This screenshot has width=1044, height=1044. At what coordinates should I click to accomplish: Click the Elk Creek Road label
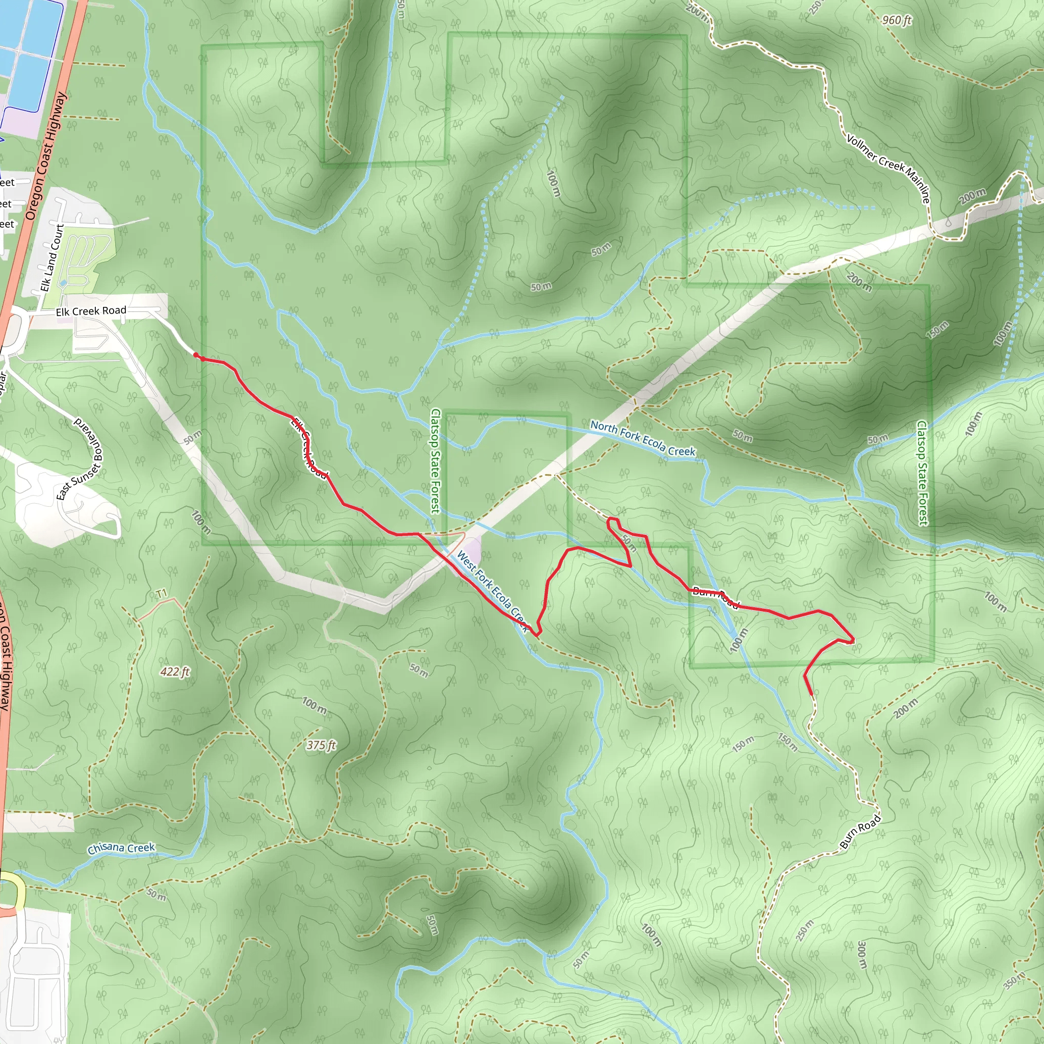pyautogui.click(x=91, y=311)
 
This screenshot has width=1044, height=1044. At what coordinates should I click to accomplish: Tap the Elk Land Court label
pyautogui.click(x=53, y=258)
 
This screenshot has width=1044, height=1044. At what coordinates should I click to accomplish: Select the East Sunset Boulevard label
pyautogui.click(x=80, y=459)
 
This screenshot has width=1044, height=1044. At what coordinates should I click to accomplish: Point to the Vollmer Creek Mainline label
pyautogui.click(x=888, y=168)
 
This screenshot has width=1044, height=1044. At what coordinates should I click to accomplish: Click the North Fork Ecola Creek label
pyautogui.click(x=642, y=439)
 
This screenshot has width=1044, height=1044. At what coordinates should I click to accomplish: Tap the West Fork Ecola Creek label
pyautogui.click(x=492, y=591)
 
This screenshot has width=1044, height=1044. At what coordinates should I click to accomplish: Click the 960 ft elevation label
pyautogui.click(x=897, y=20)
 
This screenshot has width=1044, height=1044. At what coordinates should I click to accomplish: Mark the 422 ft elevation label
pyautogui.click(x=174, y=672)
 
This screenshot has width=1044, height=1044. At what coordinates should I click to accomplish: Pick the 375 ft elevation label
pyautogui.click(x=321, y=745)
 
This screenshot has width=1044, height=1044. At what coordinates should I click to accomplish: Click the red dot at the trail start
pyautogui.click(x=196, y=355)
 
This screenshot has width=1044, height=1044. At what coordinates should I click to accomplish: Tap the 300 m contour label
pyautogui.click(x=862, y=955)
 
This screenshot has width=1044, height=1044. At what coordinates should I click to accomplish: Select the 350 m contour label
pyautogui.click(x=1014, y=980)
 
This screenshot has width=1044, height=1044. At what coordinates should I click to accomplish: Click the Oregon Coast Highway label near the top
pyautogui.click(x=46, y=155)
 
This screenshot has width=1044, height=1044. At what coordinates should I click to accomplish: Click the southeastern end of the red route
pyautogui.click(x=812, y=694)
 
